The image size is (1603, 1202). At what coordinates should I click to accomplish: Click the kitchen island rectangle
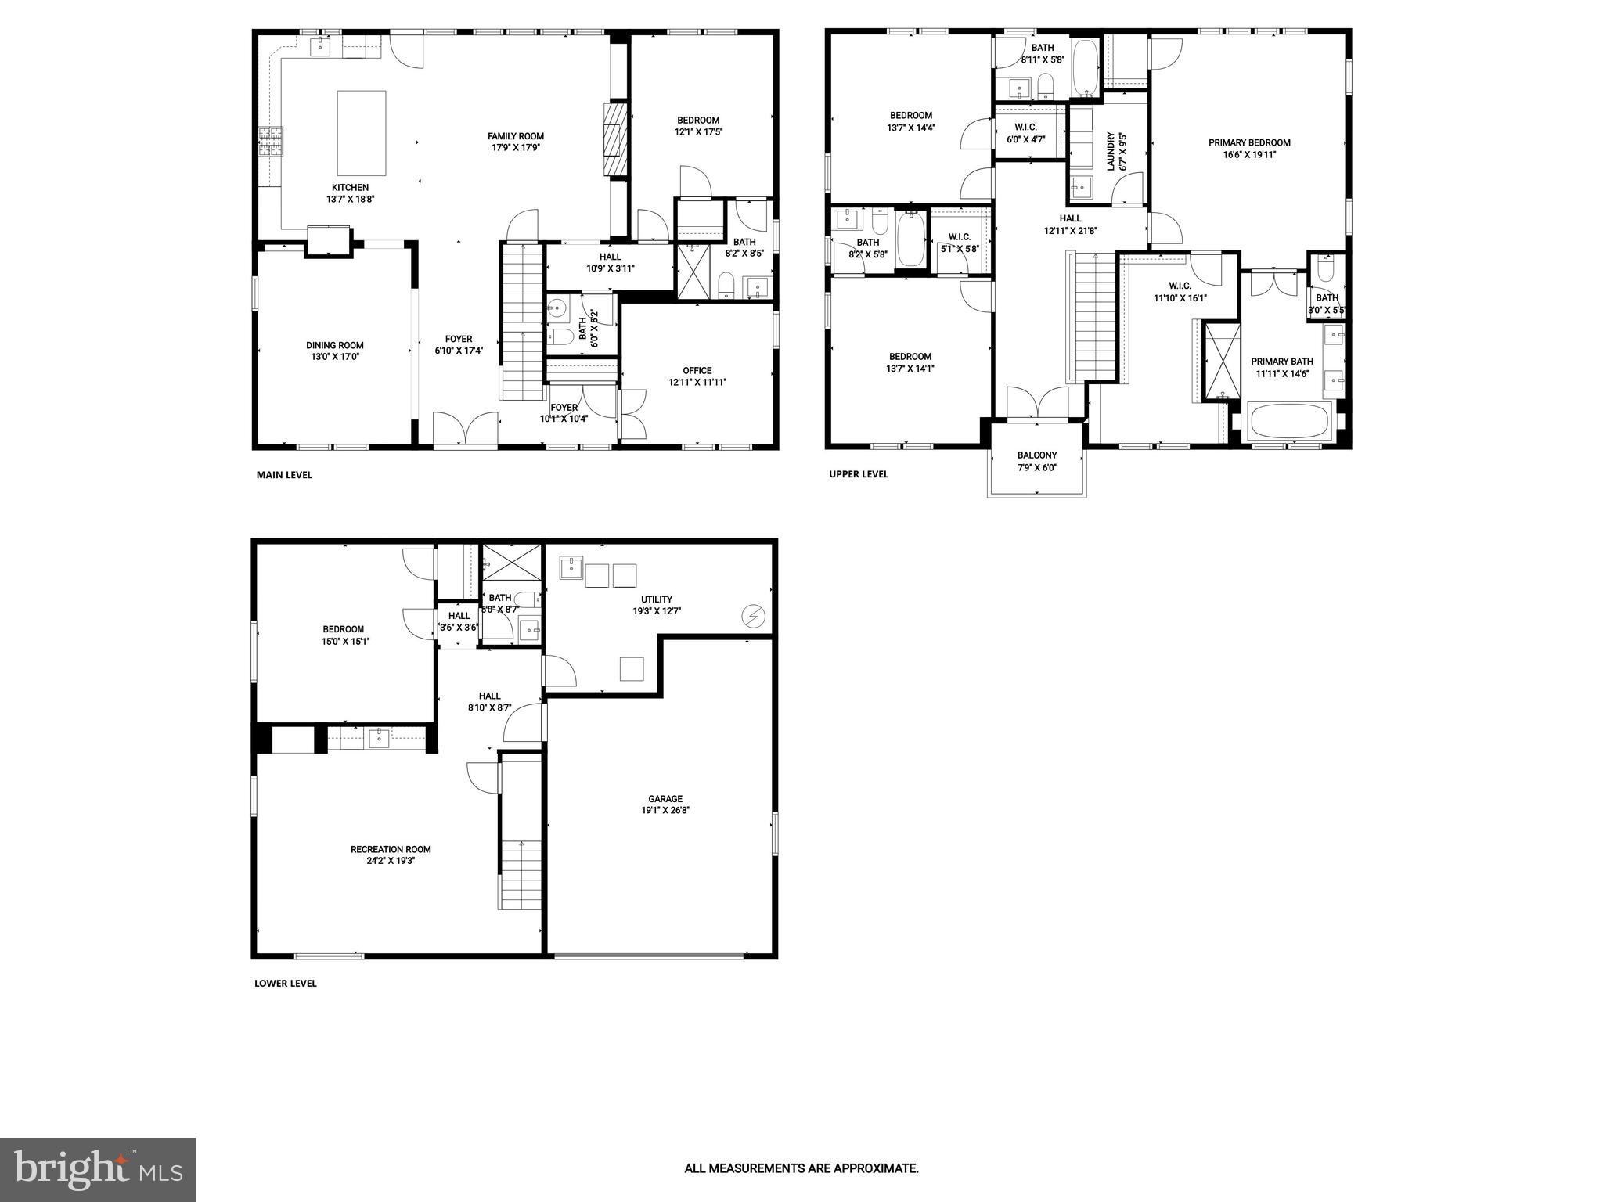(x=362, y=133)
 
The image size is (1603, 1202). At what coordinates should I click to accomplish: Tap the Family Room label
(x=516, y=136)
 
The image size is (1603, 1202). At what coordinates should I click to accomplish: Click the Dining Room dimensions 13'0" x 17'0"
(x=335, y=357)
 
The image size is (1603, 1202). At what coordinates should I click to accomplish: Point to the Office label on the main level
(x=697, y=371)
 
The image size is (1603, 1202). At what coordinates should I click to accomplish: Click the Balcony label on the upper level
(x=1037, y=455)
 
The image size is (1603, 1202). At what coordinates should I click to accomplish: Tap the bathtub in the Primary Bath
(x=1288, y=422)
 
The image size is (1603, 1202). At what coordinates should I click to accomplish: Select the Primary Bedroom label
(x=1249, y=142)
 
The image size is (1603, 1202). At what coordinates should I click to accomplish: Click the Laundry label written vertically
(x=1111, y=152)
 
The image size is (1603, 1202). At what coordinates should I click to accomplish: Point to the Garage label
(x=665, y=799)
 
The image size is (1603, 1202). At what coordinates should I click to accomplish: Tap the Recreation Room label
(x=391, y=849)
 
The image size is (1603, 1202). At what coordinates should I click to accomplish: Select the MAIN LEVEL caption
(x=284, y=475)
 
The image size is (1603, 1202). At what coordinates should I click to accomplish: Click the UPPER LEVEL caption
(x=859, y=474)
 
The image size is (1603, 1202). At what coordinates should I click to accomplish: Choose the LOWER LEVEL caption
(x=286, y=984)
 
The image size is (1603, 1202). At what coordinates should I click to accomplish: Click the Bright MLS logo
(x=98, y=1169)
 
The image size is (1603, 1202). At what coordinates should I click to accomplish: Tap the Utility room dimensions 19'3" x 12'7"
(x=657, y=611)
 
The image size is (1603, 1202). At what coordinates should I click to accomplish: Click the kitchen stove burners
(x=271, y=142)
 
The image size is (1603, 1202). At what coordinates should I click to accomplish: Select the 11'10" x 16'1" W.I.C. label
(x=1180, y=298)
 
